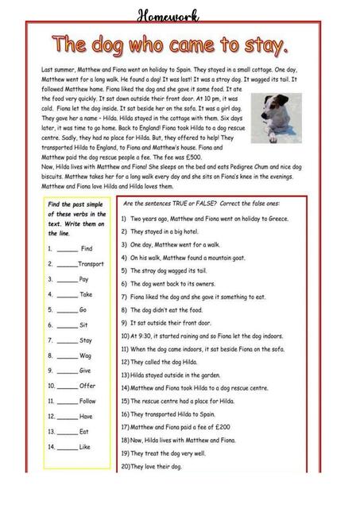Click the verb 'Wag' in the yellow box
86,356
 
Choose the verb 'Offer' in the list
87,386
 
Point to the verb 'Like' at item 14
85,447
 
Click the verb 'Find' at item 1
87,248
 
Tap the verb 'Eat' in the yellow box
83,432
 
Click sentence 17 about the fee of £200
183,427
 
